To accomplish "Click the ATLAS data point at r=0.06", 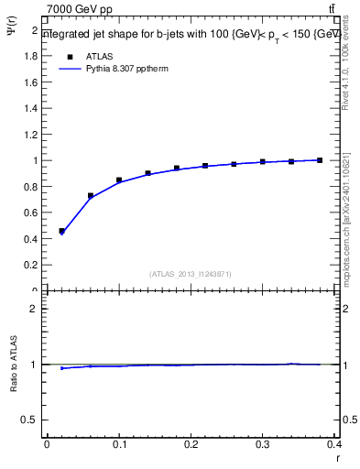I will click(91, 195).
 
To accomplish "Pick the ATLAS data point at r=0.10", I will click(119, 180).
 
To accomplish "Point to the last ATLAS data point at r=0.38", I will click(321, 160).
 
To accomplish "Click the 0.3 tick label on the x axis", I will click(264, 444).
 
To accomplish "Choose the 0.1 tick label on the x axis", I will click(119, 444).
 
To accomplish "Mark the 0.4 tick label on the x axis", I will click(335, 444).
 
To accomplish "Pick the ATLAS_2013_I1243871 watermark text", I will click(191, 274).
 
